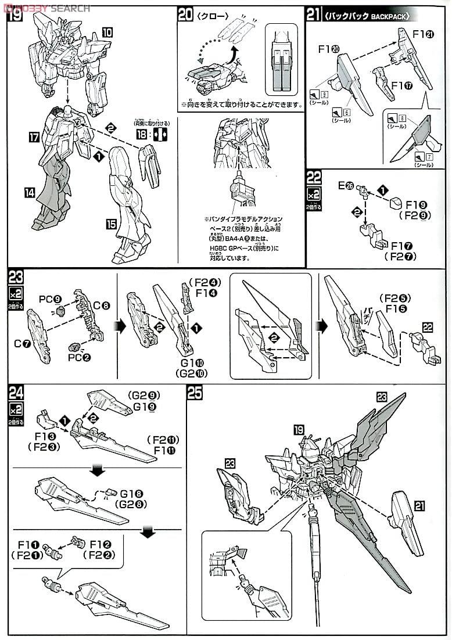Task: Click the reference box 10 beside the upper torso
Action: pyautogui.click(x=107, y=33)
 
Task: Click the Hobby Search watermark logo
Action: pyautogui.click(x=46, y=8)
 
